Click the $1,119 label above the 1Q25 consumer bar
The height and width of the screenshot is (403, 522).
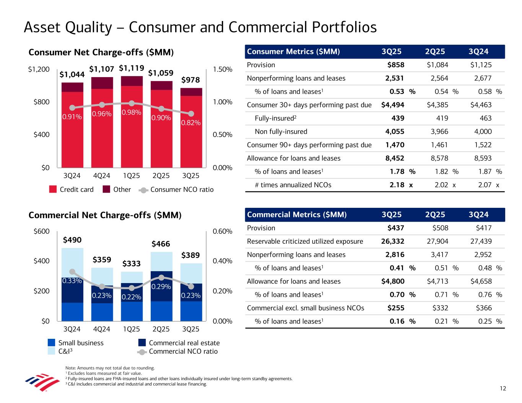coord(131,68)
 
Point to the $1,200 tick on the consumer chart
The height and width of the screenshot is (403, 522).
coord(39,69)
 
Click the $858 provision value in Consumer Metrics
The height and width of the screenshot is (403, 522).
coord(396,65)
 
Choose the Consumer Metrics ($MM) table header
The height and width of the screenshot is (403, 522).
coord(293,52)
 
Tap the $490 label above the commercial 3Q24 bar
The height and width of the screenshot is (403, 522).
coord(72,240)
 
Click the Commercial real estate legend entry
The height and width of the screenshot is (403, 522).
coord(184,343)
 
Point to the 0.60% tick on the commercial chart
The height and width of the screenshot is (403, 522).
coord(222,231)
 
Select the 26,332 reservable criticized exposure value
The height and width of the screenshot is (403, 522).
coord(393,241)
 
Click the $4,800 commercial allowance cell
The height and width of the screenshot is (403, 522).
coord(393,282)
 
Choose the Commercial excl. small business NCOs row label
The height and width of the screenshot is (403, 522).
coord(306,308)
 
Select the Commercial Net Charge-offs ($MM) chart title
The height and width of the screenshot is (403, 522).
coord(105,215)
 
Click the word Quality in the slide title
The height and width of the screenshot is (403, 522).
coord(96,27)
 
